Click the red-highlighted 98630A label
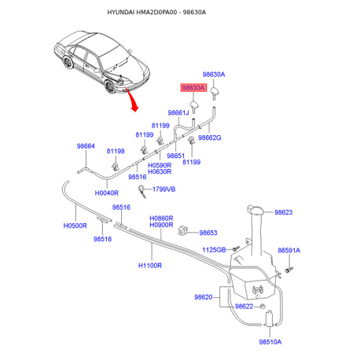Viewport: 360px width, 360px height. [193, 88]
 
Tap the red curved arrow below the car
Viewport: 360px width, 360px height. [131, 101]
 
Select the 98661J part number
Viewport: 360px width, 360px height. [178, 112]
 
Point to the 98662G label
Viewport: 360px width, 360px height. [210, 138]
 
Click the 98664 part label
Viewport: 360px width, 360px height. [86, 146]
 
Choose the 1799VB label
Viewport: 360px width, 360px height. [163, 189]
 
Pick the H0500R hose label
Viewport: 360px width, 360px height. [75, 226]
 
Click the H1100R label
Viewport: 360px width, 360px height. [150, 266]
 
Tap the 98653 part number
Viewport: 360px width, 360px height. [208, 233]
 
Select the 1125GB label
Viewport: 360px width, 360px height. [214, 250]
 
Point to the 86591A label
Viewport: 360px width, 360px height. [289, 251]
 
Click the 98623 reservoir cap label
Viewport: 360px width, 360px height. [284, 212]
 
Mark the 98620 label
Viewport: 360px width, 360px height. [204, 297]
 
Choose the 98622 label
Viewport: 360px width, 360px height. [244, 307]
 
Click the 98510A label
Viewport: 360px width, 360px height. [270, 342]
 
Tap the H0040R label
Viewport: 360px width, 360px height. [106, 193]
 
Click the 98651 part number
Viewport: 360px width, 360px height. [176, 156]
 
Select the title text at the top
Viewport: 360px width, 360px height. [156, 13]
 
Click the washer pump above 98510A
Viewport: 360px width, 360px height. [270, 318]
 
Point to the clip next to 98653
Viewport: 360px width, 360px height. [182, 230]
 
